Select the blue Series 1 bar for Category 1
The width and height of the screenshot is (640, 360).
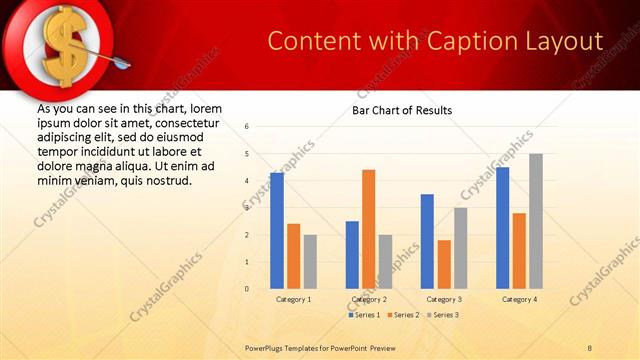(277, 231)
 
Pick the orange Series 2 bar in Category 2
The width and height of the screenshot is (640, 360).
(369, 229)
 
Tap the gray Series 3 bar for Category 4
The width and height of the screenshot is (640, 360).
(536, 221)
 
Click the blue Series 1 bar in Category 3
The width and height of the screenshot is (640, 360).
(427, 241)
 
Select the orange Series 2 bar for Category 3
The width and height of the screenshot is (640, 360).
(444, 264)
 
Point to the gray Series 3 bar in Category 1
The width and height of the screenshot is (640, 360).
(310, 261)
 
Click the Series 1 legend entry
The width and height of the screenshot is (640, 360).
(363, 315)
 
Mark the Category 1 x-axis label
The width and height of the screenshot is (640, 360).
(293, 299)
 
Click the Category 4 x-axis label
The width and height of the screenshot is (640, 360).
(519, 299)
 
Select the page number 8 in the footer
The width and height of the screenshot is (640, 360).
(590, 347)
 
